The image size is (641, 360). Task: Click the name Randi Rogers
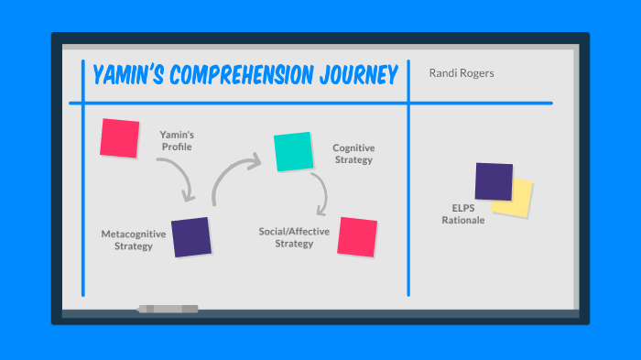462,73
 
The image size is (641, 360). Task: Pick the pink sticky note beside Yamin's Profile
120,137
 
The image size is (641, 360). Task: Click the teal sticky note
293,151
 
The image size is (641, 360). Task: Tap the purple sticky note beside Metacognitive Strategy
191,236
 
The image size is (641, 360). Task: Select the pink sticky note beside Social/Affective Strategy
357,235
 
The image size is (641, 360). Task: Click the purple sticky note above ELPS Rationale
494,181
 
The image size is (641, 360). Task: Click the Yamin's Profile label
176,140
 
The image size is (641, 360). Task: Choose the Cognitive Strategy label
353,154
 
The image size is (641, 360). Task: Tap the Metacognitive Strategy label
134,240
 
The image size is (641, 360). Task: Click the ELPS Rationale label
462,213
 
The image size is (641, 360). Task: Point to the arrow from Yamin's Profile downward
178,177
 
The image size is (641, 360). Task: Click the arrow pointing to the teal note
234,174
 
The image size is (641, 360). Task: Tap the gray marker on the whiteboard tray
168,310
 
